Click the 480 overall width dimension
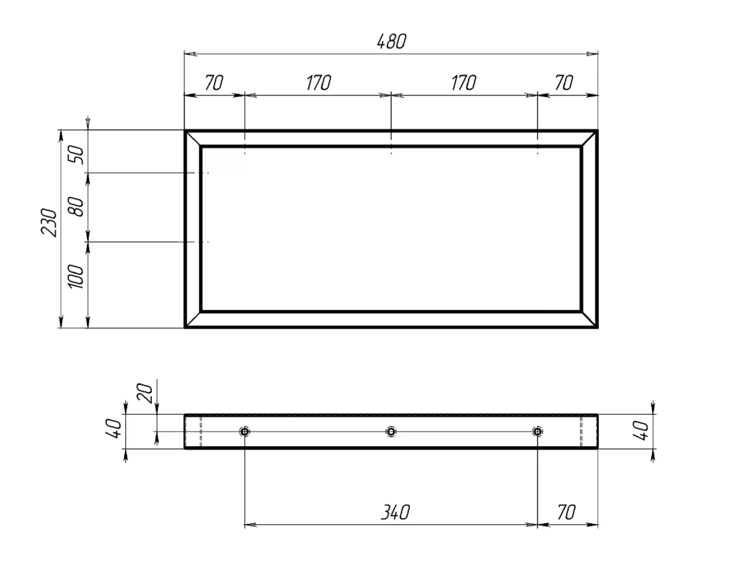[x=392, y=42]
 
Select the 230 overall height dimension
[x=49, y=222]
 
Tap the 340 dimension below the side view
[x=395, y=512]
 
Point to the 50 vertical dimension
[x=76, y=155]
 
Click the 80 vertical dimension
[x=76, y=207]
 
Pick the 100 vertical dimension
[x=76, y=276]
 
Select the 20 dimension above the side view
[x=145, y=393]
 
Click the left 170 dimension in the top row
[x=319, y=83]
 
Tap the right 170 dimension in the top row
[x=464, y=83]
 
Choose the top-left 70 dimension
[x=214, y=83]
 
